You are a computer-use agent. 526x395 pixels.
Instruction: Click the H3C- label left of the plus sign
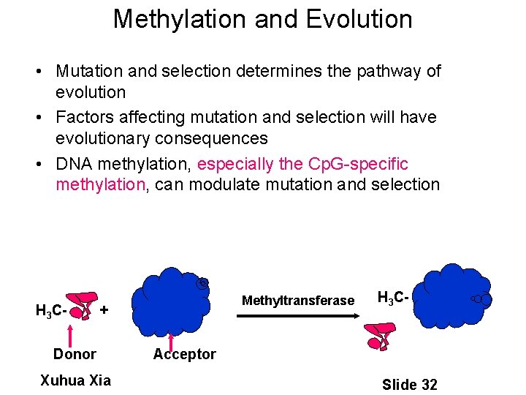pyautogui.click(x=51, y=310)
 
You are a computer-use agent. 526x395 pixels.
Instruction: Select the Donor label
pyautogui.click(x=75, y=354)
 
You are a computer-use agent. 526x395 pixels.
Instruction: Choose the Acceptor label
pyautogui.click(x=184, y=354)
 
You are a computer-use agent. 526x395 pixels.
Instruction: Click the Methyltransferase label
pyautogui.click(x=297, y=301)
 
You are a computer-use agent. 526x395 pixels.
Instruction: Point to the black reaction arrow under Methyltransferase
pyautogui.click(x=297, y=316)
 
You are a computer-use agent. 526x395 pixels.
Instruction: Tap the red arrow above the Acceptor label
pyautogui.click(x=171, y=339)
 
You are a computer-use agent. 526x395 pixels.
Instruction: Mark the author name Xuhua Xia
pyautogui.click(x=75, y=380)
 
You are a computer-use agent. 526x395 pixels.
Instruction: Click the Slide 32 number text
pyautogui.click(x=409, y=384)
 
